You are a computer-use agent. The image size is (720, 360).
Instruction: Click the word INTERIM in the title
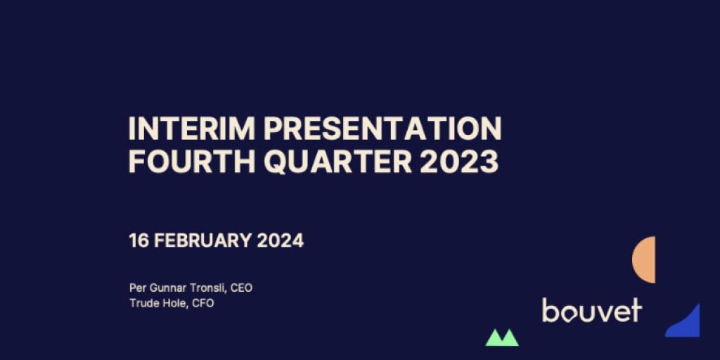(x=191, y=129)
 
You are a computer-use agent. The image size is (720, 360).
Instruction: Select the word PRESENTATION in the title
(x=382, y=129)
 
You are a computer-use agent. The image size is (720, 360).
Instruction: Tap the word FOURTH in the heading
(x=191, y=162)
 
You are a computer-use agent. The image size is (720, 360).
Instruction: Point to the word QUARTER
(x=337, y=162)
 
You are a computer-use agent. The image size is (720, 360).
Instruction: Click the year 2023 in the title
(x=459, y=162)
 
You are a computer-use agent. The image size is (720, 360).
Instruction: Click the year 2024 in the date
(x=280, y=240)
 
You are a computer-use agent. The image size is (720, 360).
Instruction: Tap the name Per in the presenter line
(x=137, y=288)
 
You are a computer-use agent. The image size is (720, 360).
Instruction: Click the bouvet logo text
(x=592, y=310)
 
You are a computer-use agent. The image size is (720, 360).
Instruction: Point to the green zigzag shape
(x=502, y=337)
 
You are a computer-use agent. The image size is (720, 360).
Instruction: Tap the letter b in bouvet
(x=550, y=310)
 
